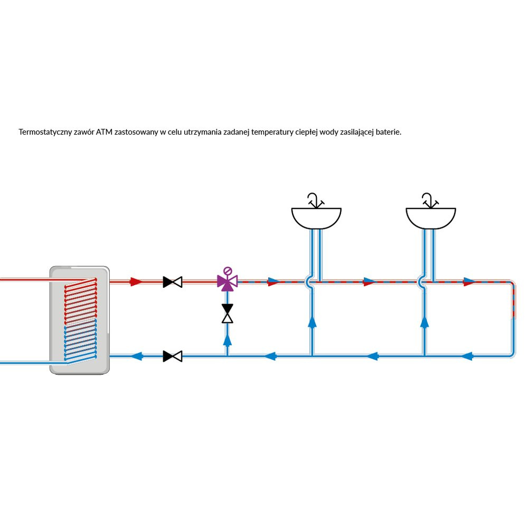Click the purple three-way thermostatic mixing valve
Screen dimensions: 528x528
tap(228, 281)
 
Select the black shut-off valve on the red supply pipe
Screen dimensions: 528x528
tap(173, 282)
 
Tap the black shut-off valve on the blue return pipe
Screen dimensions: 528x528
tap(173, 356)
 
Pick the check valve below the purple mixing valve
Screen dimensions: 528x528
tap(228, 314)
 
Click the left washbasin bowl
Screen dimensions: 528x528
tap(316, 218)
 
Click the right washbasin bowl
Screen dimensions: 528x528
tap(430, 218)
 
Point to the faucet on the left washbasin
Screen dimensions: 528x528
tap(315, 201)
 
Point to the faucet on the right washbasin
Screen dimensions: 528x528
tap(429, 201)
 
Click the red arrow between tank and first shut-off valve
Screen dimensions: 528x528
tap(136, 282)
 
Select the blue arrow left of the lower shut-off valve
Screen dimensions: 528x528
tap(138, 356)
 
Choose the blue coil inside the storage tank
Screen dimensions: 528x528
tap(80, 342)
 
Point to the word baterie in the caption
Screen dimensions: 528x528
tap(388, 132)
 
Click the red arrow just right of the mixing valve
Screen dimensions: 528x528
tap(274, 282)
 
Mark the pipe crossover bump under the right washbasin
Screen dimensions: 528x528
tap(421, 282)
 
